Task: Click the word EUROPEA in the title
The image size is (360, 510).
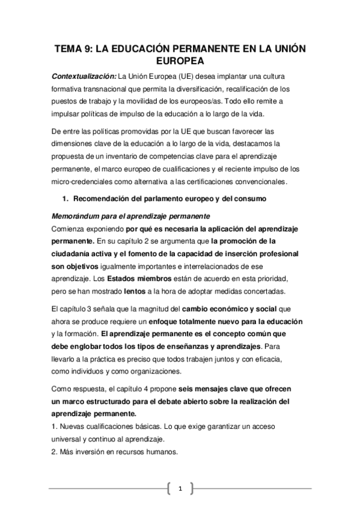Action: tap(180, 61)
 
